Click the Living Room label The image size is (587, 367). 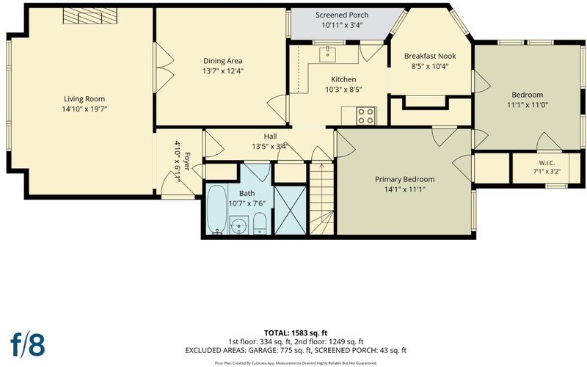tap(84, 99)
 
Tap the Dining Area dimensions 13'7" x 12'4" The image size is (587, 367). tap(223, 70)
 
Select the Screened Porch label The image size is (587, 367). tap(342, 15)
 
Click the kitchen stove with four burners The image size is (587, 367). tap(366, 116)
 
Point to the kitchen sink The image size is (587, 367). tap(327, 54)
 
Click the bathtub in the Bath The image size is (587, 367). tap(216, 209)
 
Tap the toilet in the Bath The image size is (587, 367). tap(260, 223)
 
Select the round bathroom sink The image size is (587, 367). tap(239, 225)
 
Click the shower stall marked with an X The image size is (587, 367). tap(291, 211)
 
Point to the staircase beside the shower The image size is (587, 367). tap(321, 198)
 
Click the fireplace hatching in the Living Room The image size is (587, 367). tap(90, 16)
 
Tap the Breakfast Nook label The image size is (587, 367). tap(430, 57)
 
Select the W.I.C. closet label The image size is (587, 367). tap(547, 163)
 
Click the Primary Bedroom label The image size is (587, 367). tap(405, 179)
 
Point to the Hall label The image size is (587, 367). tap(270, 137)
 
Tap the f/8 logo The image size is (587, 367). tap(28, 345)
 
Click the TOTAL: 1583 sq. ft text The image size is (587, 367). tap(296, 333)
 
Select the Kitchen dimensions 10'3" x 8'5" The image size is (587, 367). tap(343, 90)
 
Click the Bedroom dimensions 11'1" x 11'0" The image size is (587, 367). tap(528, 105)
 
